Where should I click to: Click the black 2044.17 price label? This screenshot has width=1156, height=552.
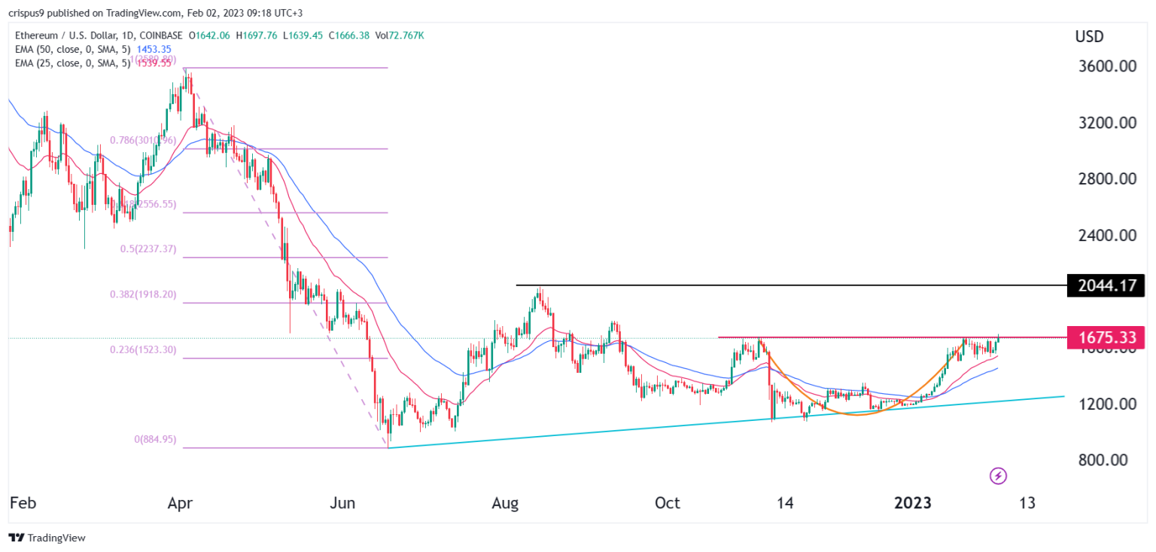pos(1105,286)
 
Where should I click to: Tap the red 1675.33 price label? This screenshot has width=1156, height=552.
pos(1105,337)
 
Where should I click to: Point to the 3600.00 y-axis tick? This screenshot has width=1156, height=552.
pos(1105,66)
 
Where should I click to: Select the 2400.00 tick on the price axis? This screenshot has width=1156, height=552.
pos(1105,235)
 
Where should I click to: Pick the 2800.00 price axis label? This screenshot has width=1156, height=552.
pos(1105,179)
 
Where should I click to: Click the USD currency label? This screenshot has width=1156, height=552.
pos(1090,36)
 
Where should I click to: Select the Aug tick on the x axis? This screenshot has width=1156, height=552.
pos(506,503)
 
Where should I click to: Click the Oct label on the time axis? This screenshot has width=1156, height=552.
pos(668,503)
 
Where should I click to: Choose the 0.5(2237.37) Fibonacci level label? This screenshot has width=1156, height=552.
pos(148,249)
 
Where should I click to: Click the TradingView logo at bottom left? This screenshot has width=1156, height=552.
pos(47,538)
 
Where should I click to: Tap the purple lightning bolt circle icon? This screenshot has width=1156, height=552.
pos(998,475)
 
